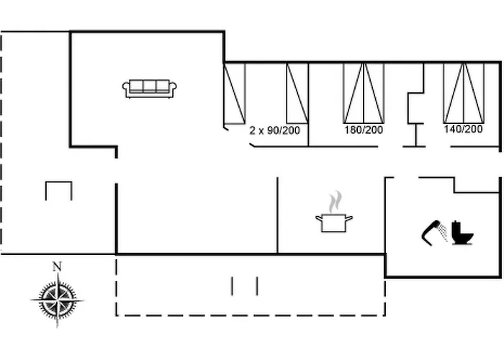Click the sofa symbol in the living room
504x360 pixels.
[150, 89]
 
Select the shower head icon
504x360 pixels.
[431, 233]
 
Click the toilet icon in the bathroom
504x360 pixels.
[462, 233]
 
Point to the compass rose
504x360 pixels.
[58, 300]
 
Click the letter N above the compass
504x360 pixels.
[57, 266]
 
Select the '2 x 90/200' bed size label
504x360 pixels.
[275, 130]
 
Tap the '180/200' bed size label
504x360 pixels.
[364, 130]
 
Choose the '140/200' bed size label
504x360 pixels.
[463, 129]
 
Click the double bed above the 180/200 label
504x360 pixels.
[364, 93]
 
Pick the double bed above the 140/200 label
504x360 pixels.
[464, 93]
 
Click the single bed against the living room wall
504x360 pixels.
[235, 94]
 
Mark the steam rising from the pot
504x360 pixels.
[336, 202]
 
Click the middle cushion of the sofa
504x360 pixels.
[150, 86]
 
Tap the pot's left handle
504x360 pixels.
[318, 219]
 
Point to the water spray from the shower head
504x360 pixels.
[444, 233]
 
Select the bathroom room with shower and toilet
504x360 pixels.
[443, 227]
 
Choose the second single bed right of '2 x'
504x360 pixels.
[297, 93]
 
